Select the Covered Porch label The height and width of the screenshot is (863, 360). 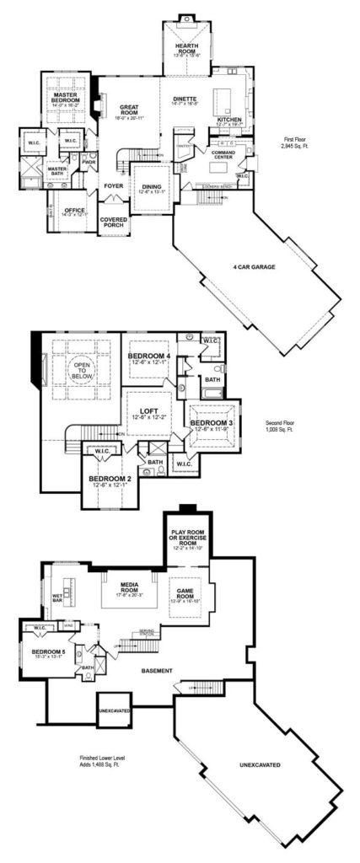[113, 222]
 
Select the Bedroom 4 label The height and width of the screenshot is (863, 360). [149, 357]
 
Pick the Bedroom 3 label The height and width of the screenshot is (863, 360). [207, 423]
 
